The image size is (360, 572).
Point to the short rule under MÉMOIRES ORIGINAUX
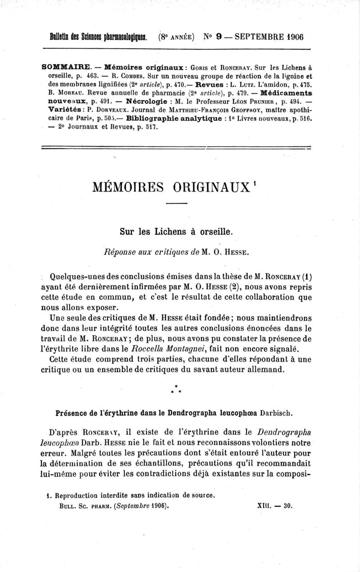click(x=179, y=205)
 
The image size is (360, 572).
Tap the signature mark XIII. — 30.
click(x=275, y=505)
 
